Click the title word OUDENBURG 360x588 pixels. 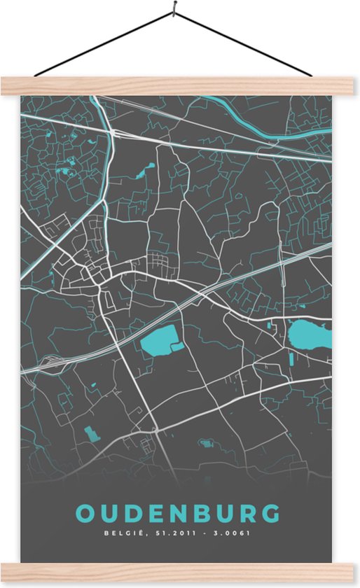[x=178, y=513]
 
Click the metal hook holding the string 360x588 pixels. [x=173, y=10]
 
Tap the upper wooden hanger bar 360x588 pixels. [x=180, y=86]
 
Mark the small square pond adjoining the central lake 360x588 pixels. [x=177, y=346]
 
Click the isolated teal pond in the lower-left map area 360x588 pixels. [x=92, y=434]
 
